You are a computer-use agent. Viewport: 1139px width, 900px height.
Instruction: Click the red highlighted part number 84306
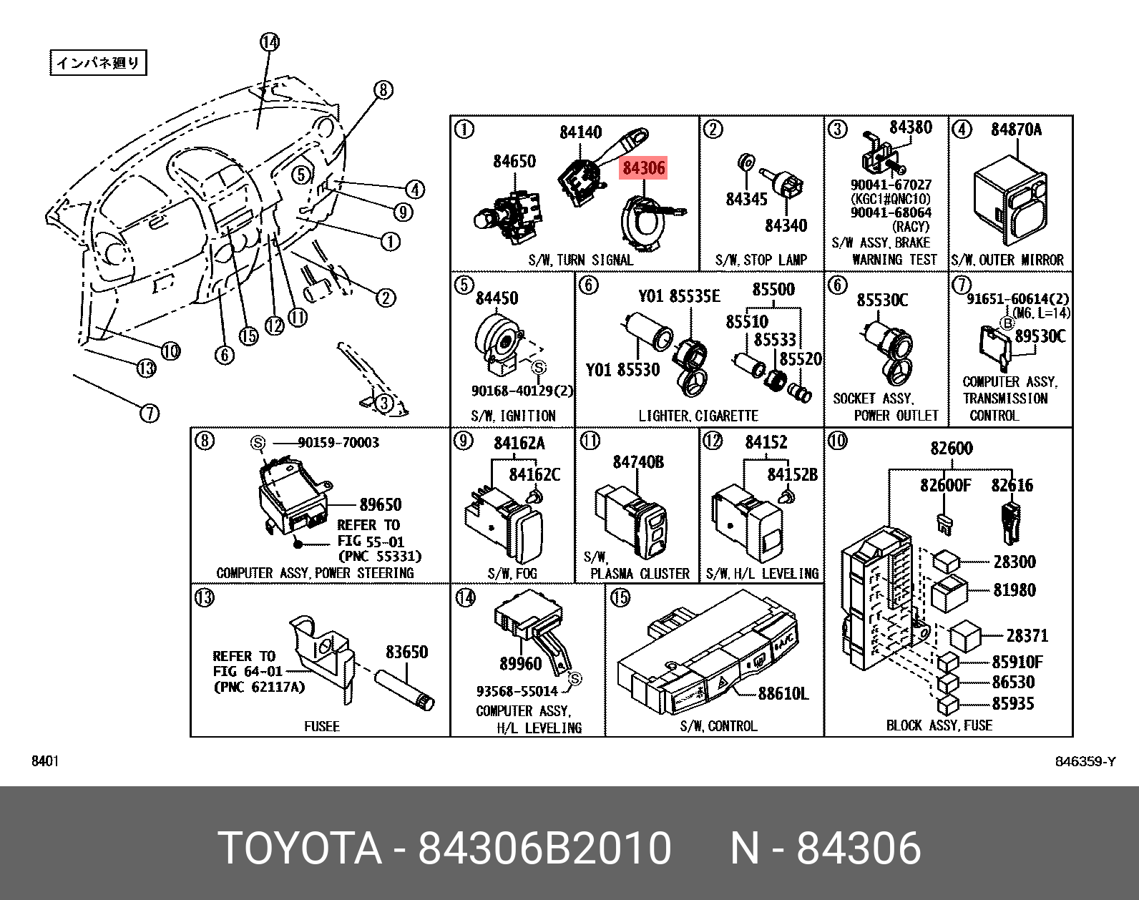(x=643, y=168)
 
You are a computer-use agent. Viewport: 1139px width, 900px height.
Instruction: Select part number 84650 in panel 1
(x=514, y=162)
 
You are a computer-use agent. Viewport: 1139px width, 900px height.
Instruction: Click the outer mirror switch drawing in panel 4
(x=1010, y=200)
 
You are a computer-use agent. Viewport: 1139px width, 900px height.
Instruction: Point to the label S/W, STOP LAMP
(x=761, y=260)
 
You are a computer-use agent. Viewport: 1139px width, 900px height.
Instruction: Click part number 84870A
(x=1016, y=129)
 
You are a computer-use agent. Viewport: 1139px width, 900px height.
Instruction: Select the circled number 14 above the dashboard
(x=270, y=42)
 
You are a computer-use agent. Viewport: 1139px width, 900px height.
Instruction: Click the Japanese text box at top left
(x=98, y=63)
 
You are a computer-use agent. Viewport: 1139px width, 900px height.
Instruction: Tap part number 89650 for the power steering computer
(x=380, y=504)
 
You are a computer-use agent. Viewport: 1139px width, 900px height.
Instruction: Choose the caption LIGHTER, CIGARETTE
(x=698, y=416)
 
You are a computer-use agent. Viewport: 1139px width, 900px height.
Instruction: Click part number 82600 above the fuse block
(x=951, y=449)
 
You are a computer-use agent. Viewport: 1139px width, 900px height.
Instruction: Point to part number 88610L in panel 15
(x=783, y=693)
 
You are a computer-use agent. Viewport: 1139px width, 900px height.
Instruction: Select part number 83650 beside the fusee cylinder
(x=406, y=652)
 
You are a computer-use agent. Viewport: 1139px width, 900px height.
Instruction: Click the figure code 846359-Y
(x=1085, y=761)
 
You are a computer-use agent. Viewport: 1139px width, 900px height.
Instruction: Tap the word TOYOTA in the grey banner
(x=300, y=848)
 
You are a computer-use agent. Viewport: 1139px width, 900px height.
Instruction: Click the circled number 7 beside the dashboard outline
(x=149, y=413)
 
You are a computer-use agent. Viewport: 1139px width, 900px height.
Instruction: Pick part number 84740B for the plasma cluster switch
(x=637, y=462)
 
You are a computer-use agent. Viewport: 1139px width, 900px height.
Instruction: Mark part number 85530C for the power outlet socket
(x=882, y=300)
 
